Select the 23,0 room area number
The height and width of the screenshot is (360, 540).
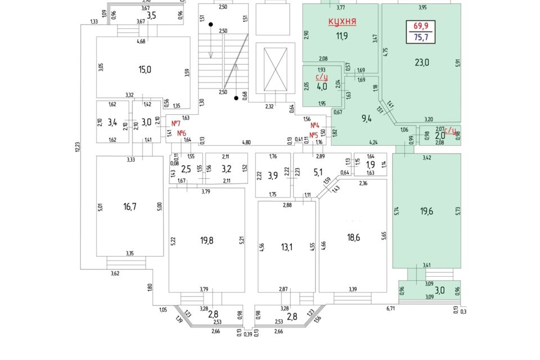422,62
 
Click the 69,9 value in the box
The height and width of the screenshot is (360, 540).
421,26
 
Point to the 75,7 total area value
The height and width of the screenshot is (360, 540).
421,38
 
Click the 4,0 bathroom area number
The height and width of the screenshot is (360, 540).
322,88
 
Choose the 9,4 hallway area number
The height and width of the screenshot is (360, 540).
366,118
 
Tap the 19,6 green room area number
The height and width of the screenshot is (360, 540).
426,211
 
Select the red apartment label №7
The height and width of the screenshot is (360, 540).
175,123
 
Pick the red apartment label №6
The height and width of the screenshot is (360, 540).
182,133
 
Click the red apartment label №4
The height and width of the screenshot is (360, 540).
315,125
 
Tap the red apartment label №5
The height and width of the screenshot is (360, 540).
314,135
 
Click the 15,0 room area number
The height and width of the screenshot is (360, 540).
145,70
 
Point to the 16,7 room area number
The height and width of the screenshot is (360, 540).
130,207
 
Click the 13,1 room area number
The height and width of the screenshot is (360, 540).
287,247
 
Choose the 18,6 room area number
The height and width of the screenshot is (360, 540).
353,237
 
